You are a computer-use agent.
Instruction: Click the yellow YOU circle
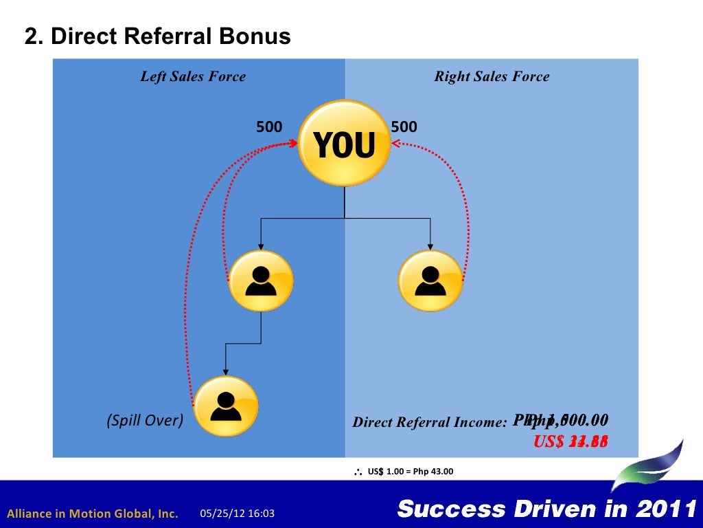point(344,144)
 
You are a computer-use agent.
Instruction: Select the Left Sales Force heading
point(193,76)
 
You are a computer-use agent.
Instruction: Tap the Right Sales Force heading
point(492,76)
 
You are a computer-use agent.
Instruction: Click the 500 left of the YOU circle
point(269,127)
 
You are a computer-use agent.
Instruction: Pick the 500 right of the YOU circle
point(404,127)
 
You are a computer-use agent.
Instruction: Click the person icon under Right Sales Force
point(430,280)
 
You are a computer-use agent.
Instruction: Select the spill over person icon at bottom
point(226,406)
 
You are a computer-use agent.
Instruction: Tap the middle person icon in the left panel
point(261,280)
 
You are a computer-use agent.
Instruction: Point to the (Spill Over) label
point(145,420)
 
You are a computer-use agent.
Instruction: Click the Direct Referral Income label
point(429,422)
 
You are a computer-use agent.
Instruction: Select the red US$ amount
point(571,441)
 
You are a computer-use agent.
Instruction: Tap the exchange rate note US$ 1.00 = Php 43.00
point(410,472)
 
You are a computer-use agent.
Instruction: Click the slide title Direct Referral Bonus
point(158,36)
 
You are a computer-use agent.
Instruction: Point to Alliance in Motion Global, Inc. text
point(93,514)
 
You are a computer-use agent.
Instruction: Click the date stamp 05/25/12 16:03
point(238,514)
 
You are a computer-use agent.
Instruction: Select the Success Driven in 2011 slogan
point(547,509)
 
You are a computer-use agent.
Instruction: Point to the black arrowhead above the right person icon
point(430,246)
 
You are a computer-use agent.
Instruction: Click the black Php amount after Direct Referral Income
point(560,420)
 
